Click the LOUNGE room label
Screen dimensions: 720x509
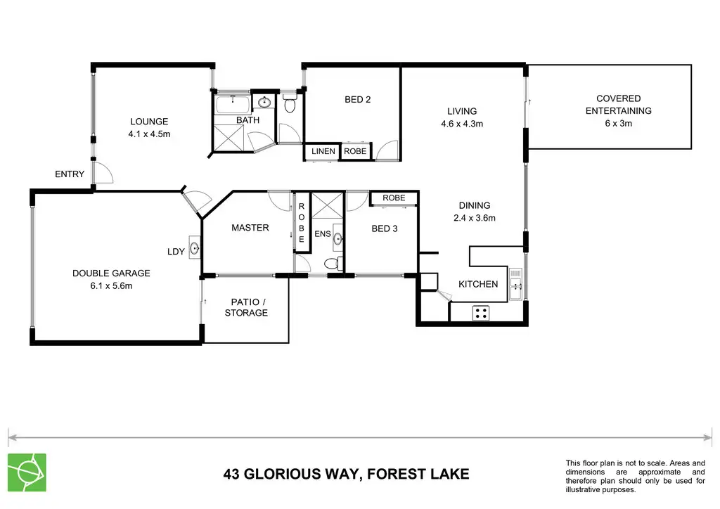(149, 122)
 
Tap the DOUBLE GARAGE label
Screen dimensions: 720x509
(111, 273)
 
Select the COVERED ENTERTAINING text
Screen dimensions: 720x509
(619, 105)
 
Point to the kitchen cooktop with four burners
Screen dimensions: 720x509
(481, 314)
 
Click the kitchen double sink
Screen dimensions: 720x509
(515, 284)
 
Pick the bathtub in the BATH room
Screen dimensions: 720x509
(233, 104)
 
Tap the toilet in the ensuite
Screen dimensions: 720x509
(333, 264)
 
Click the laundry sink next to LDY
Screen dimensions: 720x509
(195, 249)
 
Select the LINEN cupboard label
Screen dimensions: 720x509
(323, 151)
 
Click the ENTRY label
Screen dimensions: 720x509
(70, 174)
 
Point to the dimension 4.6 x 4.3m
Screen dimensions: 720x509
(462, 124)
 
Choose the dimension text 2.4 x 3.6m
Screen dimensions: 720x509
(475, 218)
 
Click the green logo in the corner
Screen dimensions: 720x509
(27, 472)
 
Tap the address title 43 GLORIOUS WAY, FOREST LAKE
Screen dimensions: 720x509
(346, 474)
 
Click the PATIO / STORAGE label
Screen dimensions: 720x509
(245, 307)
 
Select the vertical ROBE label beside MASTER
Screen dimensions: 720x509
(301, 223)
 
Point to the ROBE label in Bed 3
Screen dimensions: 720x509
(394, 198)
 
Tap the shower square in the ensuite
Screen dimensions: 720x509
(328, 205)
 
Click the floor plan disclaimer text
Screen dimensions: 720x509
(635, 477)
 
